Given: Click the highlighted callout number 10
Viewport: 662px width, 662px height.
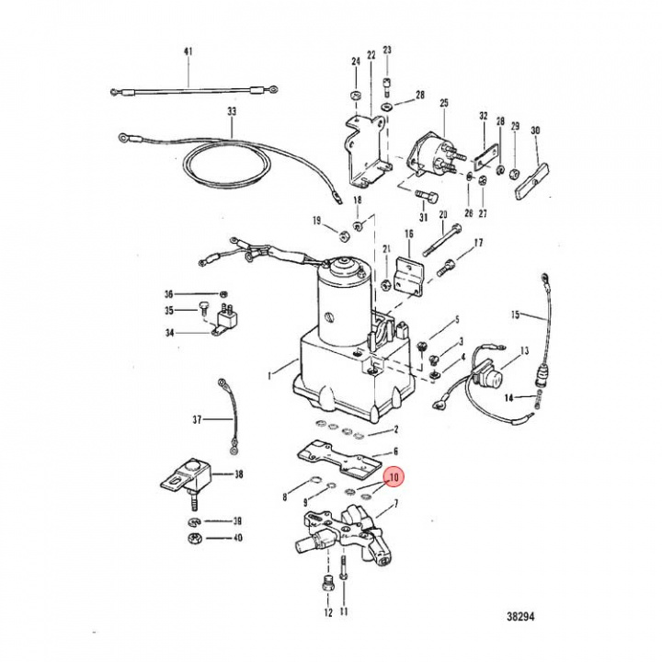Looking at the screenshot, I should click(x=394, y=478).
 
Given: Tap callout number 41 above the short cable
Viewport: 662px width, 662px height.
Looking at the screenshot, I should click(x=188, y=51).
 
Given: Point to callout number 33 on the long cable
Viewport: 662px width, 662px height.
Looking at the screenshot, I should click(x=232, y=111).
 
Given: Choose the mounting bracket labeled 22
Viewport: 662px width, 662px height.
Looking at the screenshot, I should click(x=365, y=152).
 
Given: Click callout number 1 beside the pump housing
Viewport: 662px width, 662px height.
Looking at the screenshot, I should click(x=268, y=374).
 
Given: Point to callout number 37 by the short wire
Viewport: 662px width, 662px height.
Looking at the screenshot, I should click(x=196, y=420).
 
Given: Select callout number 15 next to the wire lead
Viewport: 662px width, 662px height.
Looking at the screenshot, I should click(x=517, y=315).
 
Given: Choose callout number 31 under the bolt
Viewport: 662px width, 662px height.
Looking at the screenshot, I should click(x=424, y=218).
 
